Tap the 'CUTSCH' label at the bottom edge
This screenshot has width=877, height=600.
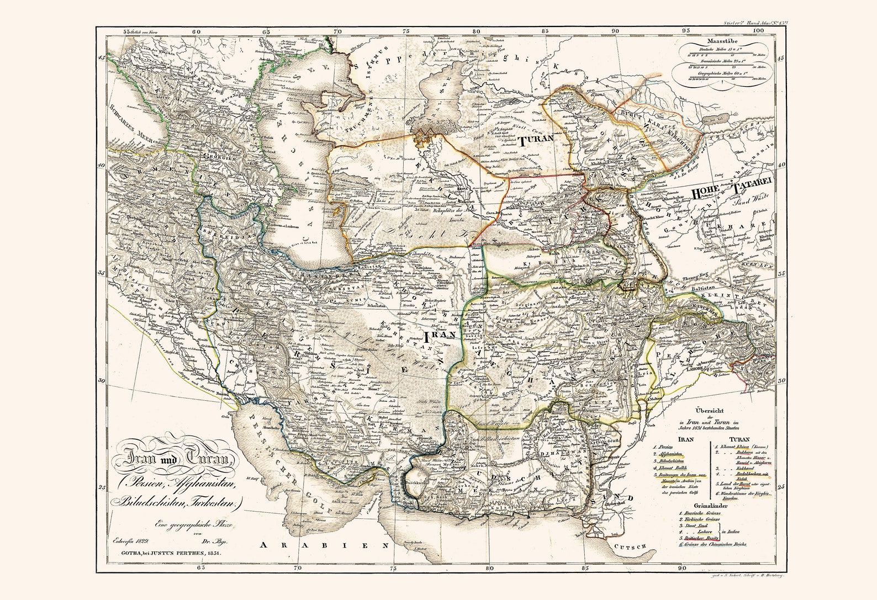635,546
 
